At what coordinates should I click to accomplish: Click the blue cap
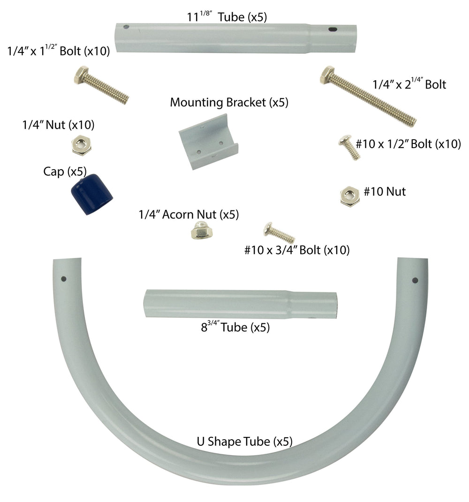pos(92,194)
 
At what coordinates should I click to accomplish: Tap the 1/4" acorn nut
pos(202,230)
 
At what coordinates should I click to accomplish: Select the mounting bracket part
pos(208,142)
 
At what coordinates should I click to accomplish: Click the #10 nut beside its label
pos(350,196)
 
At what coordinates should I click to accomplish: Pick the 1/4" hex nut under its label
pos(81,145)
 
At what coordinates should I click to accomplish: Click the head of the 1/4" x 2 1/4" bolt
pos(327,75)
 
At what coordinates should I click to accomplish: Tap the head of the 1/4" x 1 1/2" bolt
pos(81,75)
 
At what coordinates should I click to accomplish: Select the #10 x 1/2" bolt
pos(349,147)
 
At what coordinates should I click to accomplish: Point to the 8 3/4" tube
pos(240,304)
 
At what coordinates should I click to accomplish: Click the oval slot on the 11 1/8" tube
pos(333,30)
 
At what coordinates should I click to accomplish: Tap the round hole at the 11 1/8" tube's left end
pos(126,27)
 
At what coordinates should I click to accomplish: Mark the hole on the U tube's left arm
pos(64,279)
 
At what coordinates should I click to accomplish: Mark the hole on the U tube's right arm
pos(415,280)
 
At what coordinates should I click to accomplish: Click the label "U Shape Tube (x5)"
pos(245,442)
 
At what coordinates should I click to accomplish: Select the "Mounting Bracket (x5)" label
pos(229,103)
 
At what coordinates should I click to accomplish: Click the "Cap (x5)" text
pos(65,172)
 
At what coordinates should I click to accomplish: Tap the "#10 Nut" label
pos(385,191)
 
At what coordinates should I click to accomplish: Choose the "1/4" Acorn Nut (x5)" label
pos(189,214)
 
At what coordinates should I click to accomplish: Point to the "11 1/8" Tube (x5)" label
pos(227,16)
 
